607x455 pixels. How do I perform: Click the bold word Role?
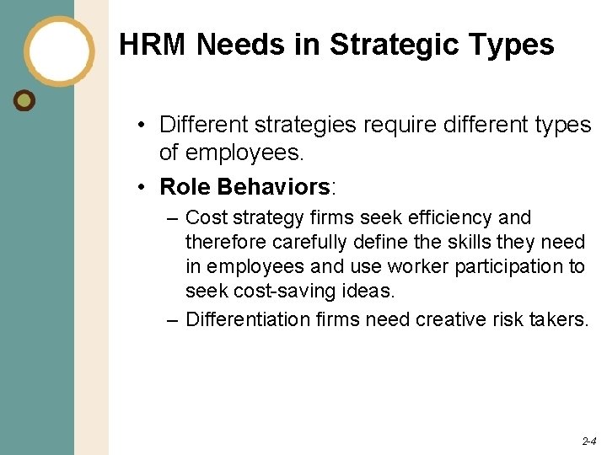[x=185, y=185]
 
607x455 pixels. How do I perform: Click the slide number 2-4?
[x=588, y=441]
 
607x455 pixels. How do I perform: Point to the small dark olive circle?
[x=25, y=100]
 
